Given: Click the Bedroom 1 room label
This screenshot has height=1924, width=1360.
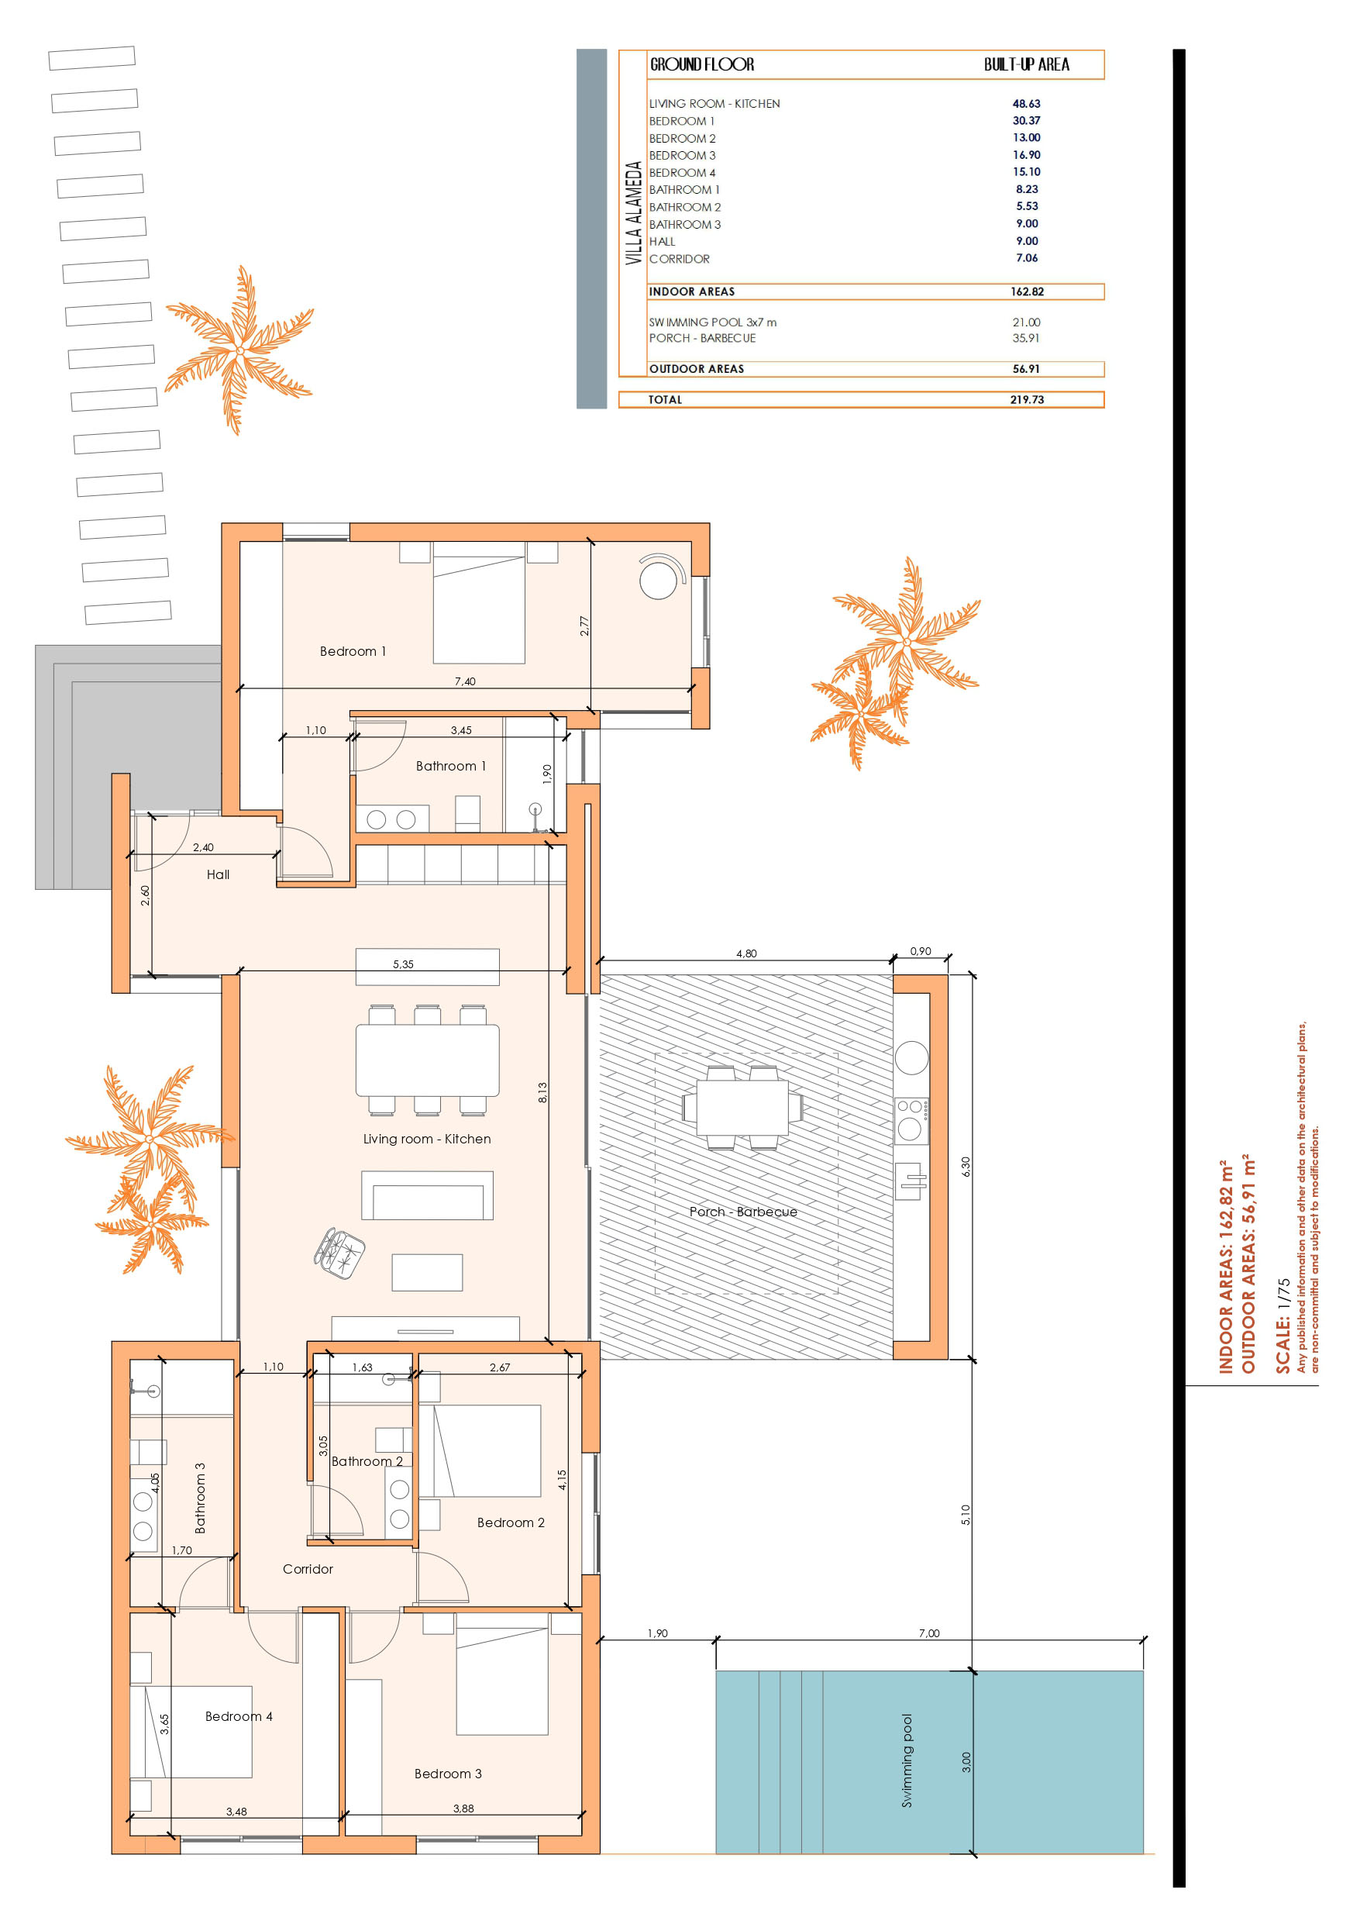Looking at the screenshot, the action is pyautogui.click(x=353, y=651).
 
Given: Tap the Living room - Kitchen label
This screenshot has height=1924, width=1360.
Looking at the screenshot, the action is pyautogui.click(x=426, y=1139).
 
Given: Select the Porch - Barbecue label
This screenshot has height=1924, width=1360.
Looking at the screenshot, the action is pyautogui.click(x=743, y=1212).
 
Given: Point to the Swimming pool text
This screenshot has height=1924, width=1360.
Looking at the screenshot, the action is pyautogui.click(x=907, y=1760).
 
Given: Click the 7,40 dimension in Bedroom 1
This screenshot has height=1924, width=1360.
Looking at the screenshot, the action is pyautogui.click(x=465, y=681).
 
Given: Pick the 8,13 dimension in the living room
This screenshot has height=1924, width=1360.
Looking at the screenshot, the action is pyautogui.click(x=542, y=1092).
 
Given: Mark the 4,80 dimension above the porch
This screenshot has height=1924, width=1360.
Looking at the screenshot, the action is pyautogui.click(x=745, y=953).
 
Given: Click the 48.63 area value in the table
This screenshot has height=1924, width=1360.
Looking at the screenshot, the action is pyautogui.click(x=1027, y=104).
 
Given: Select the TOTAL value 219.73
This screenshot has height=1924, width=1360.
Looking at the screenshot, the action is pyautogui.click(x=1027, y=400).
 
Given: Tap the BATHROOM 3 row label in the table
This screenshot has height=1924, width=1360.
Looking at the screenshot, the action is pyautogui.click(x=684, y=225).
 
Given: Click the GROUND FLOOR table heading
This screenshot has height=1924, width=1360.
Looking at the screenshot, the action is pyautogui.click(x=702, y=64).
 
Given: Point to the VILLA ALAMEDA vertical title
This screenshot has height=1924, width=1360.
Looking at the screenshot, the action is pyautogui.click(x=633, y=213).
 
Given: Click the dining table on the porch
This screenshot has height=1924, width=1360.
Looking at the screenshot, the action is pyautogui.click(x=742, y=1107).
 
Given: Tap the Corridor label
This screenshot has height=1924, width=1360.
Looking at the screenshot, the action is pyautogui.click(x=308, y=1569).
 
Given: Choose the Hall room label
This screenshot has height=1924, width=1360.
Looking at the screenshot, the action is pyautogui.click(x=218, y=874).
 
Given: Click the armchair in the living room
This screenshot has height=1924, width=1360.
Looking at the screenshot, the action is pyautogui.click(x=339, y=1253).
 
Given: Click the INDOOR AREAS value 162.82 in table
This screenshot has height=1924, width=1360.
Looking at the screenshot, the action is pyautogui.click(x=1027, y=291).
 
